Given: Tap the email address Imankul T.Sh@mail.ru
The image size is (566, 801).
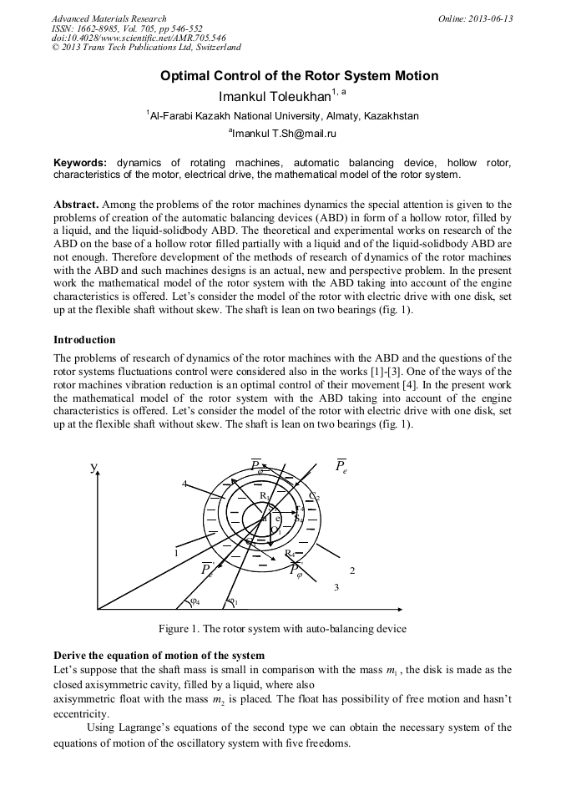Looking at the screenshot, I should click(x=284, y=133).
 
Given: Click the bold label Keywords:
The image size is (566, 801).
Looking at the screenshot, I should click(x=80, y=162).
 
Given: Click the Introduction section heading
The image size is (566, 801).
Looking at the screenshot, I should click(x=84, y=340).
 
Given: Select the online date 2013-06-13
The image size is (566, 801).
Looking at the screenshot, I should click(x=490, y=18).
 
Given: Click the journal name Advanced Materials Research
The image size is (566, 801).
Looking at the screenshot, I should click(x=109, y=18).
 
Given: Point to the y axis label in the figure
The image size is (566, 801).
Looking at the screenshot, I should click(x=93, y=468).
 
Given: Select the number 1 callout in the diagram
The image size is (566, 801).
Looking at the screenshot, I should click(x=176, y=552).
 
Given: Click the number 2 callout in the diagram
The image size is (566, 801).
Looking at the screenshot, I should click(x=352, y=570).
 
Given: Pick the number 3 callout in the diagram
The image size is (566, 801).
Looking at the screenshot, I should click(x=336, y=588).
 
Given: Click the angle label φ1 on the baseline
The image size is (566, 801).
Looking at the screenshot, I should click(x=233, y=601).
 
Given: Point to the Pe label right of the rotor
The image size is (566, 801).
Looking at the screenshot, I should click(x=341, y=466).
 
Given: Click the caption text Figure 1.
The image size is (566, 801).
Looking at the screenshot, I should click(x=182, y=628).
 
